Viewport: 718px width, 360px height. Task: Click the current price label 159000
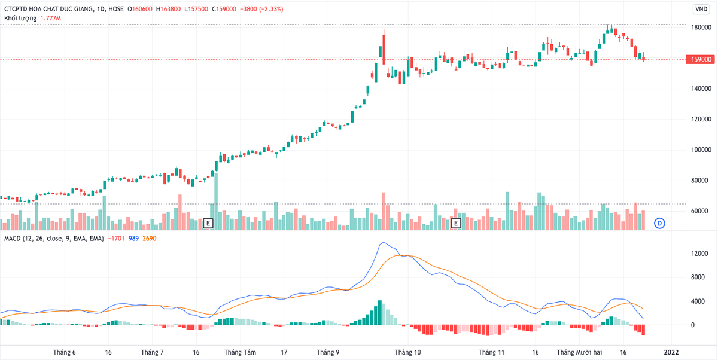pyautogui.click(x=701, y=60)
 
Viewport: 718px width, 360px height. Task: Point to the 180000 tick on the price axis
pyautogui.click(x=701, y=28)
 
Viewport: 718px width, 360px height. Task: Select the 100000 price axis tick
pyautogui.click(x=701, y=150)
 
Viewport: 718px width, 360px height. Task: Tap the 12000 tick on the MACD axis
pyautogui.click(x=701, y=254)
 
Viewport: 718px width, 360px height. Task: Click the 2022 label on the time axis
pyautogui.click(x=671, y=352)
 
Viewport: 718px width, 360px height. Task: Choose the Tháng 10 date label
pyautogui.click(x=407, y=352)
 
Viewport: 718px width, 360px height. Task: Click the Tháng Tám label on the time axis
pyautogui.click(x=240, y=352)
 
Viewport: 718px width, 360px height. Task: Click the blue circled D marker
pyautogui.click(x=659, y=223)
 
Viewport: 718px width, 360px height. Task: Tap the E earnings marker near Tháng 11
pyautogui.click(x=455, y=223)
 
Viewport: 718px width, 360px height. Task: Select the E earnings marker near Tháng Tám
pyautogui.click(x=208, y=223)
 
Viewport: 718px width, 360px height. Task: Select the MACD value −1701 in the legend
pyautogui.click(x=116, y=239)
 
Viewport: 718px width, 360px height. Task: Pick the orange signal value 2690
pyautogui.click(x=151, y=239)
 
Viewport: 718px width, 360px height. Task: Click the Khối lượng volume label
pyautogui.click(x=20, y=19)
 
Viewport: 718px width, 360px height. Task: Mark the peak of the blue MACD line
pyautogui.click(x=383, y=242)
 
